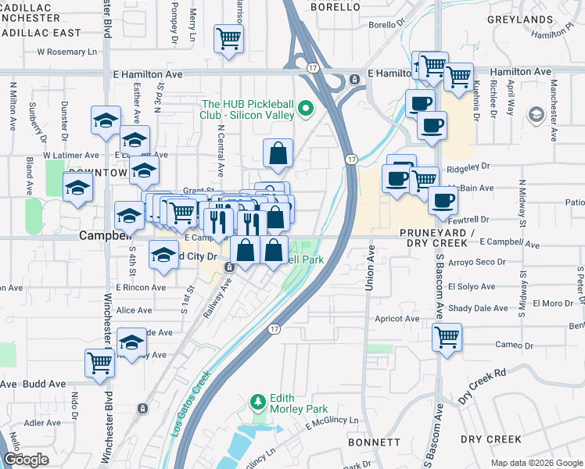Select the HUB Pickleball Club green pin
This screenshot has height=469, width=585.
[x=306, y=109]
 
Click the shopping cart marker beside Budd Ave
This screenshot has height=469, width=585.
[x=99, y=363]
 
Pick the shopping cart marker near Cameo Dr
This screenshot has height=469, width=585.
[x=447, y=337]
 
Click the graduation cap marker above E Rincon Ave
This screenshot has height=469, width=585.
[x=163, y=256]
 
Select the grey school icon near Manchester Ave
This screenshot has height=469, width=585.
[x=536, y=116]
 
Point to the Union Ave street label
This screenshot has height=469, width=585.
[x=370, y=268]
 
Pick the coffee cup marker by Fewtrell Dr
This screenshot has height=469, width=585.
[x=442, y=199]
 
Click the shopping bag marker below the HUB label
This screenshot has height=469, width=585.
[x=278, y=154]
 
